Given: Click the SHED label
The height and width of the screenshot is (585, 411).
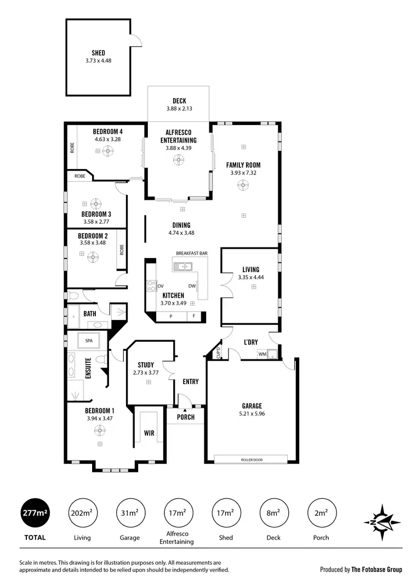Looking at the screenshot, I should [99, 53].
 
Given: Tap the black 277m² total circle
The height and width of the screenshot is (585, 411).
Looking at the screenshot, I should [35, 513].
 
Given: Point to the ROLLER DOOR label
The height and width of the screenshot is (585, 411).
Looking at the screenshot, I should [252, 459].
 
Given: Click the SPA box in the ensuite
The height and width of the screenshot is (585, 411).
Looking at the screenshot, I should [89, 341].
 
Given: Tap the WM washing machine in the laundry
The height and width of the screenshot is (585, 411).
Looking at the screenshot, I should [262, 354].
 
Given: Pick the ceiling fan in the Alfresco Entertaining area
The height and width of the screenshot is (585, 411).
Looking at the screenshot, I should [178, 160].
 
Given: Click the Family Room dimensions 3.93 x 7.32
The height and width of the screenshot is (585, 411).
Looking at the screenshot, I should [243, 173].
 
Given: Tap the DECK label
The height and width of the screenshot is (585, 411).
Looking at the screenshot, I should [179, 101].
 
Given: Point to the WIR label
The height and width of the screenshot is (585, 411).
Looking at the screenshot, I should [149, 434].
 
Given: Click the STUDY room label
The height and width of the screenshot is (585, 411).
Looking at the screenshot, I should [146, 365].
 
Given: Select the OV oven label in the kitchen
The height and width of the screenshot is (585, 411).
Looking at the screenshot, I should [161, 286].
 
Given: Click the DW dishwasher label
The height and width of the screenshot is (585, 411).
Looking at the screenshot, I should [192, 286].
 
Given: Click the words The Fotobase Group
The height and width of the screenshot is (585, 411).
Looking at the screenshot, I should [376, 570].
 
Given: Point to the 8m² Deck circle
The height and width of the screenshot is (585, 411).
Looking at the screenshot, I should [273, 513].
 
